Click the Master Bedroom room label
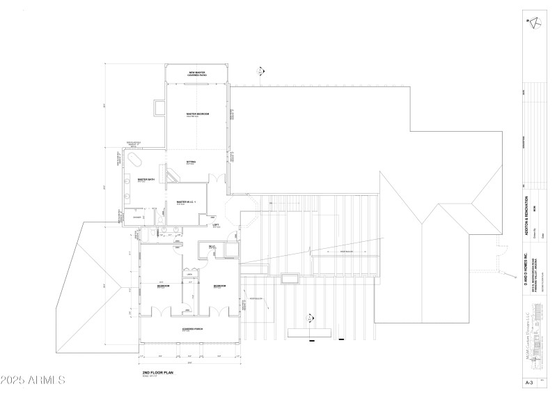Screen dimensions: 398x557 (x=198, y=114)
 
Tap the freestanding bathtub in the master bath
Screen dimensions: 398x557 (x=133, y=160)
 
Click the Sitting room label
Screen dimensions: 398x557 (x=191, y=162)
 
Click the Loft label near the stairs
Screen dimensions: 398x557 (x=216, y=224)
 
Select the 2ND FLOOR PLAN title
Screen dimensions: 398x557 (x=157, y=373)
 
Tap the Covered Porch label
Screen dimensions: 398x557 (x=191, y=329)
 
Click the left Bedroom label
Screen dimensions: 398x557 (x=161, y=286)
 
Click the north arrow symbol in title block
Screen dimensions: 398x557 (x=533, y=22)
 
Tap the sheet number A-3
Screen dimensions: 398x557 (x=533, y=383)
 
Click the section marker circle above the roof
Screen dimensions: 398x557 (x=260, y=70)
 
